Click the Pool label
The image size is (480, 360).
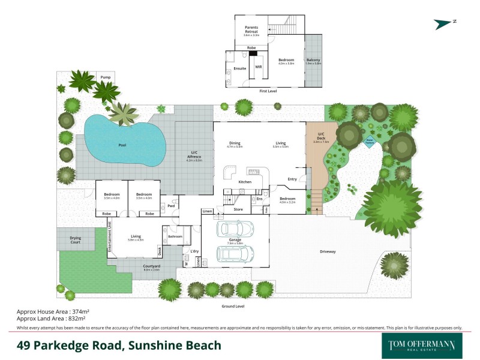[122, 145]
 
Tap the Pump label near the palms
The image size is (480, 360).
[106, 77]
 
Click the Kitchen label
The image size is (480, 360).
[245, 182]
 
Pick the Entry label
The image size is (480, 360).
[292, 179]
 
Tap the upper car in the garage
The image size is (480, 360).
[235, 229]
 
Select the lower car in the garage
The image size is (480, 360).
[235, 254]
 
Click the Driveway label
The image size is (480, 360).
[327, 251]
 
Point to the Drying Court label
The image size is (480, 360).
[75, 239]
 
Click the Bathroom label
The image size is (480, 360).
[175, 236]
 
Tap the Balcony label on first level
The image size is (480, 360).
[313, 60]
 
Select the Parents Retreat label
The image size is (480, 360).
[251, 29]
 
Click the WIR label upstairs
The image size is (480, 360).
[259, 68]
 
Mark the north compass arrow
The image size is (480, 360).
[445, 23]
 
